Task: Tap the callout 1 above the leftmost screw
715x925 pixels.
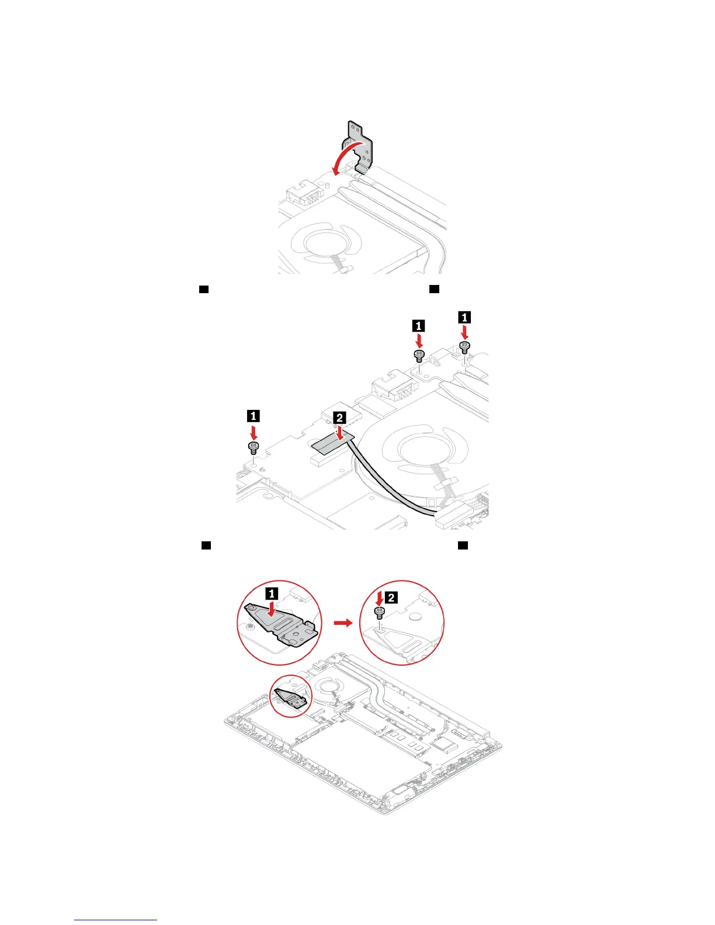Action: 253,416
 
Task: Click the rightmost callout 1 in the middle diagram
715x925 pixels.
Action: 464,317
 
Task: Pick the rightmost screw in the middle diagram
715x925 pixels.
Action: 464,347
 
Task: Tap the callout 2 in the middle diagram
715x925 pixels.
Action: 339,418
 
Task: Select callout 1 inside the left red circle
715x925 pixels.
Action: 272,593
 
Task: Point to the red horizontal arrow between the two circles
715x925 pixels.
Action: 343,623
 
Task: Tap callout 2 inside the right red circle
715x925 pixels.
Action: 392,597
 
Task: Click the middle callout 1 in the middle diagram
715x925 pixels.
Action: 418,325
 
